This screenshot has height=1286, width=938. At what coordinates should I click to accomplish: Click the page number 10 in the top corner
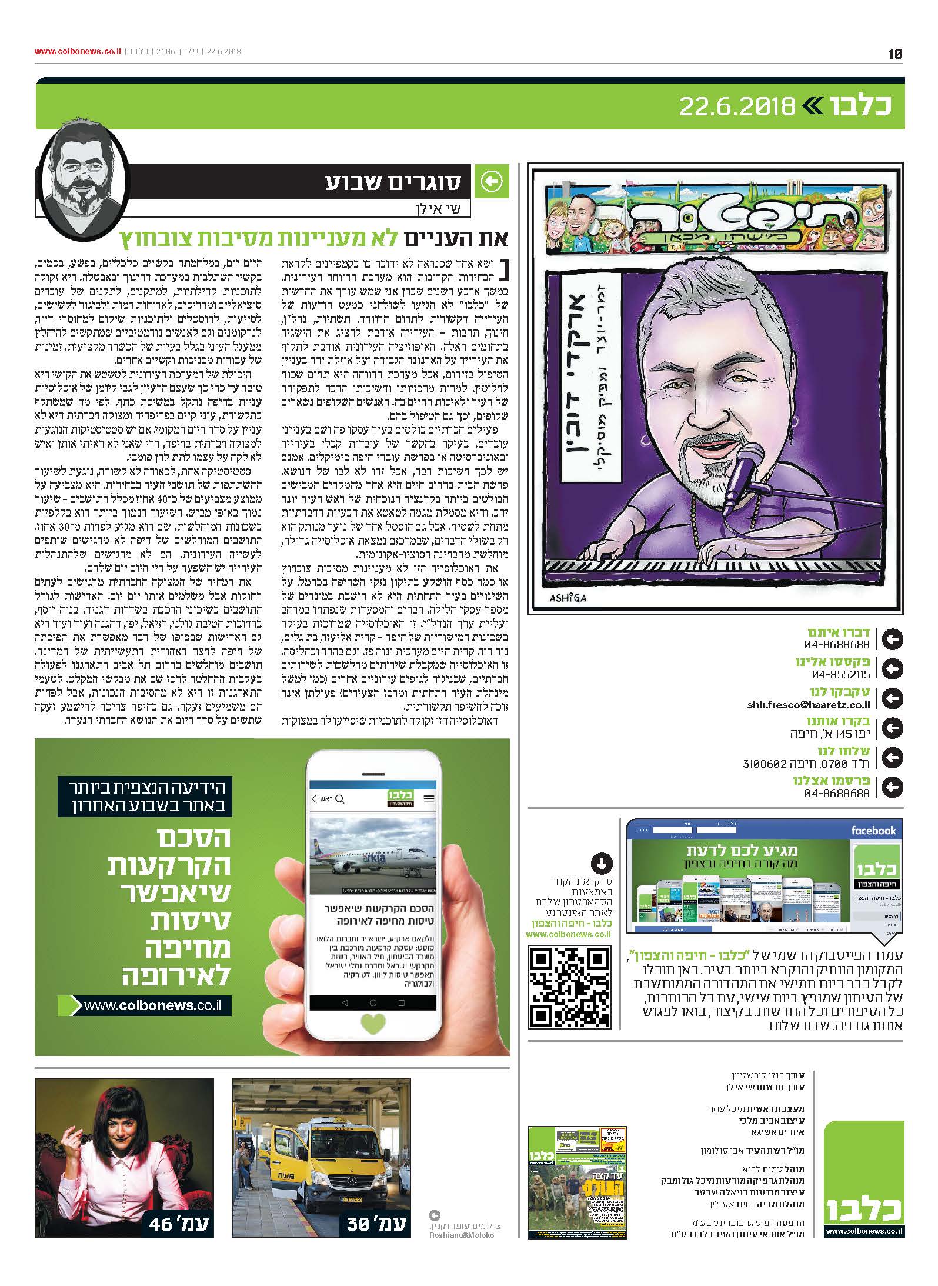pos(895,54)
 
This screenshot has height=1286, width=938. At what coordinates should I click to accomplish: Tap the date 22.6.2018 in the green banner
pos(736,106)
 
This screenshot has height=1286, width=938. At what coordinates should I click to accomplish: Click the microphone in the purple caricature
pos(742,464)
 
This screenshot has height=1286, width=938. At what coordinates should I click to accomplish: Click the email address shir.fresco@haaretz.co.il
pos(808,704)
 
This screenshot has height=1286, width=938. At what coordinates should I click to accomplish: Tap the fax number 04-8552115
pos(840,675)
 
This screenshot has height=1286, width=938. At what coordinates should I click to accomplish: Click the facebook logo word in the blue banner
pos(873,831)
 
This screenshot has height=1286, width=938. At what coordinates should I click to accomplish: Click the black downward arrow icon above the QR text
pos(602,864)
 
